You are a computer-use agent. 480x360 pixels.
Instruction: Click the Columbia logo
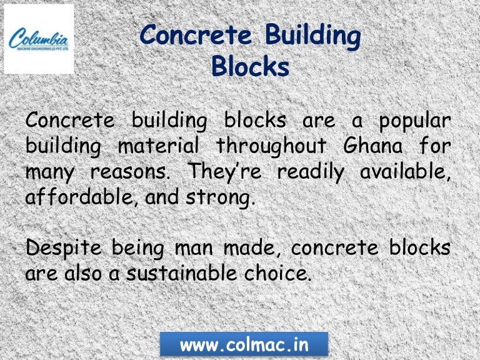click(39, 39)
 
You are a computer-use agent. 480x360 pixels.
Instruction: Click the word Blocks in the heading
click(250, 65)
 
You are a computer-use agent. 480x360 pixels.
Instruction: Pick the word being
click(138, 248)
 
